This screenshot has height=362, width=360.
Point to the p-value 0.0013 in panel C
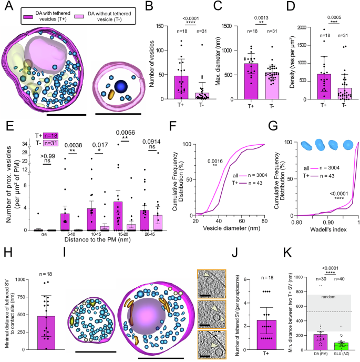pos(259,17)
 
